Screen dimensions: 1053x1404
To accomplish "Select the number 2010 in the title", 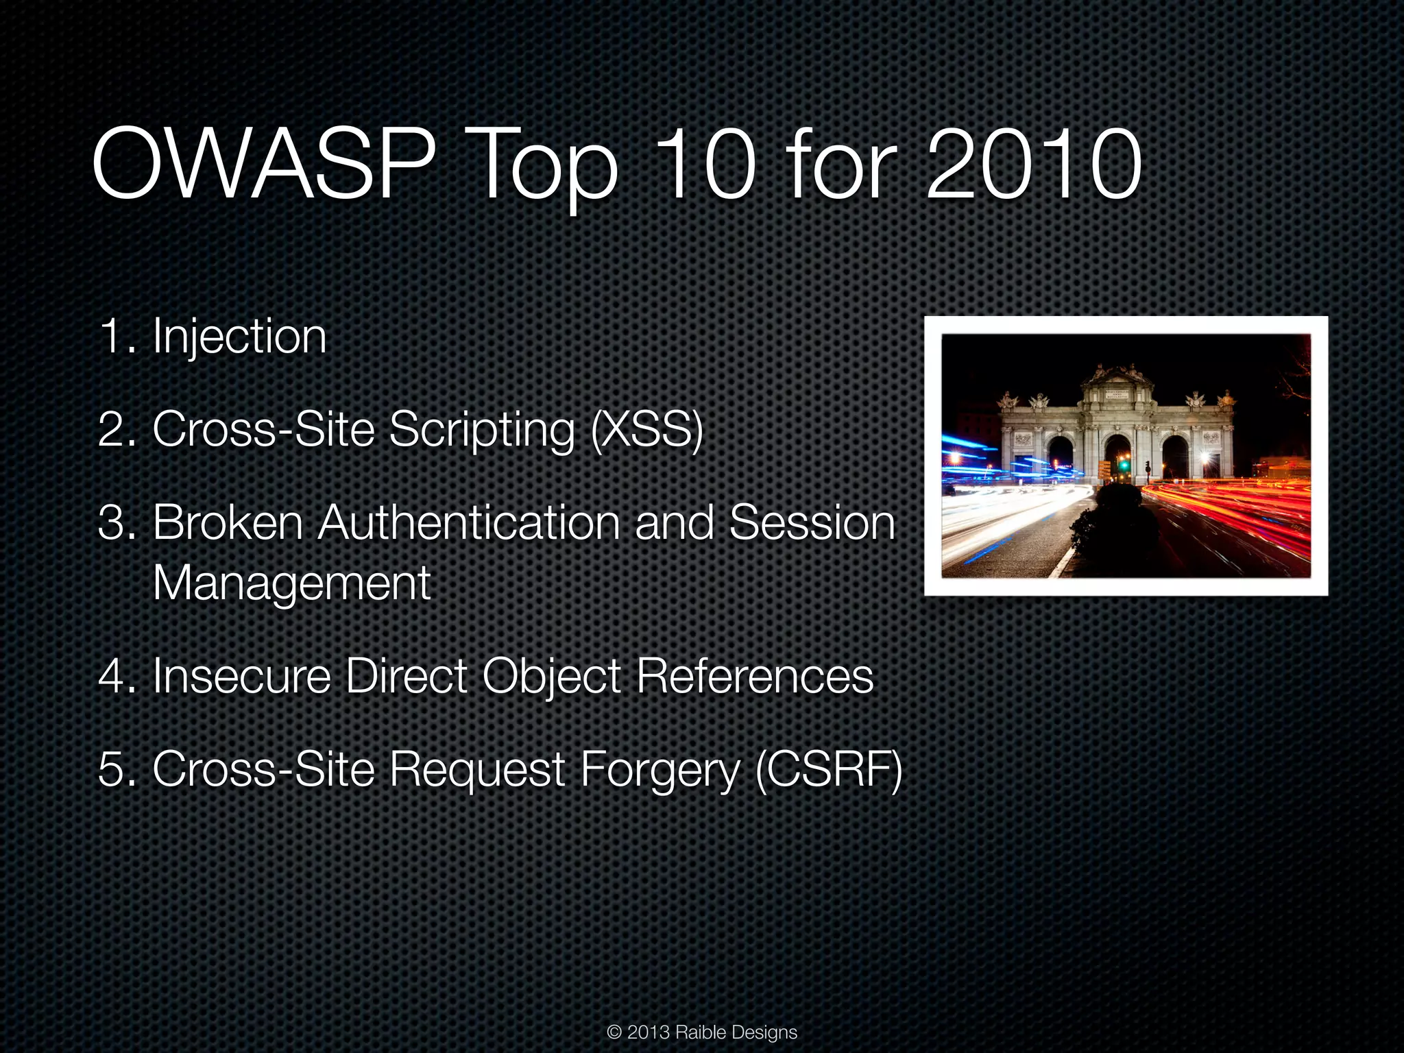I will pyautogui.click(x=1033, y=165).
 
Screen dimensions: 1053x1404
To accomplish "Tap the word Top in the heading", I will pyautogui.click(x=542, y=168).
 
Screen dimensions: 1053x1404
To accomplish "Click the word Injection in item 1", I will pyautogui.click(x=239, y=337).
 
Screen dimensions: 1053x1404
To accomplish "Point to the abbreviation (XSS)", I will pyautogui.click(x=647, y=430).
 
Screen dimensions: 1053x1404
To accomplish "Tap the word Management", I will pyautogui.click(x=291, y=583).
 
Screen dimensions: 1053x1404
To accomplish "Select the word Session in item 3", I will pyautogui.click(x=812, y=522).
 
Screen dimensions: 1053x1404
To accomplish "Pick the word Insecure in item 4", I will pyautogui.click(x=242, y=676).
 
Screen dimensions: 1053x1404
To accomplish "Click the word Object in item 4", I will pyautogui.click(x=552, y=677).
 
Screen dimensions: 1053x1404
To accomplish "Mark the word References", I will pyautogui.click(x=755, y=676).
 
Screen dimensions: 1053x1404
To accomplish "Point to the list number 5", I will pyautogui.click(x=110, y=769).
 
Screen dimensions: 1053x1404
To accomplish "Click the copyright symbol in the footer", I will pyautogui.click(x=614, y=1032).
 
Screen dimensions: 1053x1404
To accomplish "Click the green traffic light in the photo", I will pyautogui.click(x=1124, y=465).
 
